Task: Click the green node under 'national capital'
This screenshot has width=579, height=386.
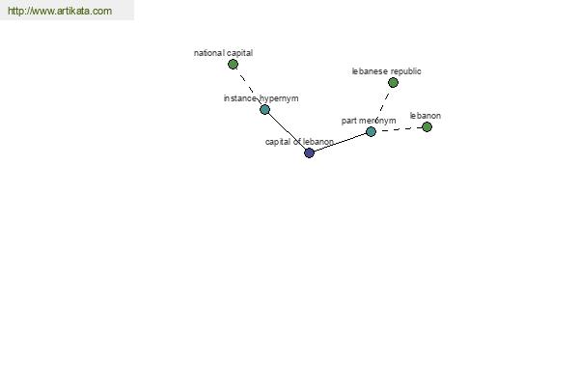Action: pyautogui.click(x=233, y=65)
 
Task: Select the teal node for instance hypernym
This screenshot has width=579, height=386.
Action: pyautogui.click(x=264, y=109)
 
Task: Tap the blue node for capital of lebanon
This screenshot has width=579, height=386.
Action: pyautogui.click(x=309, y=152)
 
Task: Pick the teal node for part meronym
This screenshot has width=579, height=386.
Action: pyautogui.click(x=371, y=131)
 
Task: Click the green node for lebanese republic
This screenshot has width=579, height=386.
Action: pyautogui.click(x=394, y=82)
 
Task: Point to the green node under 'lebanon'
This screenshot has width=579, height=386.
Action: pyautogui.click(x=427, y=126)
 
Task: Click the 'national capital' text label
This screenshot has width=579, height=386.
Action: pyautogui.click(x=224, y=53)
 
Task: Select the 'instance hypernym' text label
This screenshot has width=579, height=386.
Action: pyautogui.click(x=262, y=98)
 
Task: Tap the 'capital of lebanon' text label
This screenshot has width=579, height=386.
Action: pyautogui.click(x=299, y=142)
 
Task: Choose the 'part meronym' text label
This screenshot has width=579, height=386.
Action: pyautogui.click(x=369, y=121)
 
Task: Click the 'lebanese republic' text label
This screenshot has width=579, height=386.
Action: pyautogui.click(x=386, y=71)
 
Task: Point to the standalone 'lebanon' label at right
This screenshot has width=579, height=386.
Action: pyautogui.click(x=426, y=116)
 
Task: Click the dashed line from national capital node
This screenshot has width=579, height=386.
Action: pyautogui.click(x=249, y=88)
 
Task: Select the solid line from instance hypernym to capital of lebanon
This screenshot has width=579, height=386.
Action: pyautogui.click(x=287, y=131)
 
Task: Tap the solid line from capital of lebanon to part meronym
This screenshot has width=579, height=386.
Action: pyautogui.click(x=340, y=142)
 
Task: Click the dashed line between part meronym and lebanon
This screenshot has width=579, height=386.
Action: pyautogui.click(x=399, y=129)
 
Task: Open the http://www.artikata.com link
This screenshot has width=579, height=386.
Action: pyautogui.click(x=60, y=11)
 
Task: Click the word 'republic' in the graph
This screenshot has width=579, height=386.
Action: pyautogui.click(x=406, y=71)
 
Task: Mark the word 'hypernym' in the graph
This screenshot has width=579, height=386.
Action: pyautogui.click(x=279, y=99)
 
